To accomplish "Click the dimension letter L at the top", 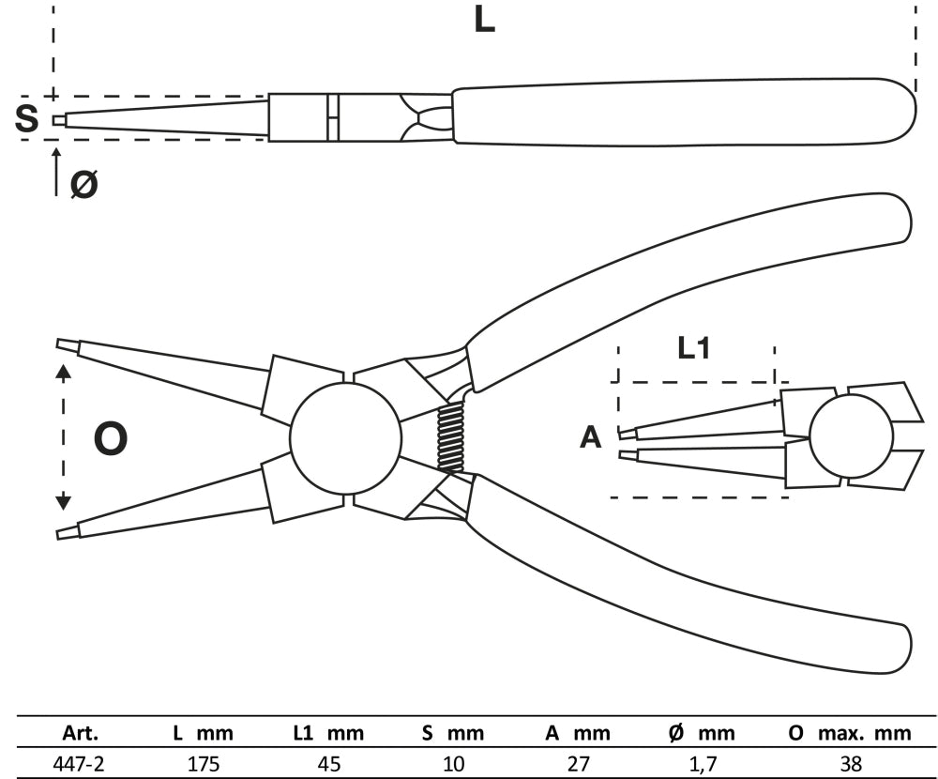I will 483,19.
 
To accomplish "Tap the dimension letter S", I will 27,119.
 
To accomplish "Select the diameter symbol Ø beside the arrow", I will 83,185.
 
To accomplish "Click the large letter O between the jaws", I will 111,439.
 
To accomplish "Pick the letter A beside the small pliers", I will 590,437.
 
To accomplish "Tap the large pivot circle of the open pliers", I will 346,438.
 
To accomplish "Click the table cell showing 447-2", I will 81,763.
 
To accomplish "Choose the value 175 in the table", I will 203,763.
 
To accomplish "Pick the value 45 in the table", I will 328,763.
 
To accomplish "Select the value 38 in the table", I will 851,763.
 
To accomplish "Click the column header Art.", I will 81,733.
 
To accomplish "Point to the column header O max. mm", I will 850,733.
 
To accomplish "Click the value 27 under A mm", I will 578,763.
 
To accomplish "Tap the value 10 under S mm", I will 453,763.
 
